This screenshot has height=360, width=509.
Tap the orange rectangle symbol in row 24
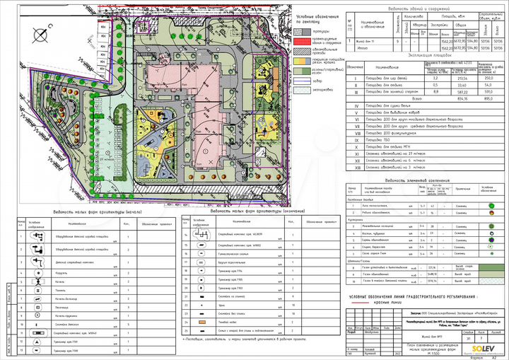click(201, 320)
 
